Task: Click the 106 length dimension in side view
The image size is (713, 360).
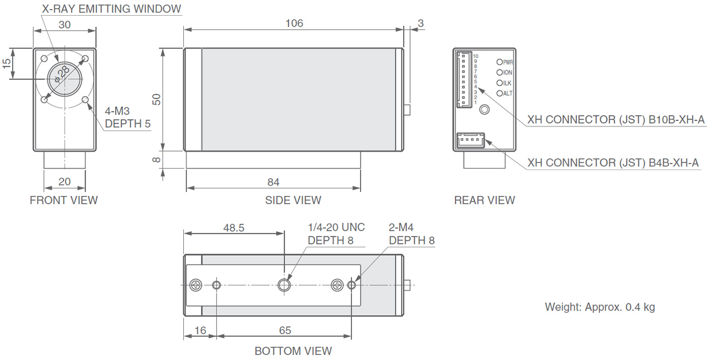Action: click(294, 23)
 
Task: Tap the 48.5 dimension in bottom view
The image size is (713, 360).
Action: click(234, 228)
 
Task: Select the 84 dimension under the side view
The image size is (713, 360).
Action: click(273, 182)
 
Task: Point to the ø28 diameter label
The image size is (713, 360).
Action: click(62, 74)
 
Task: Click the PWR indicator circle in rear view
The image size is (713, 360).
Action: click(500, 62)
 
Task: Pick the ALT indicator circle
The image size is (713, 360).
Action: click(500, 93)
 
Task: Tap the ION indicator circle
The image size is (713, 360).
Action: click(500, 73)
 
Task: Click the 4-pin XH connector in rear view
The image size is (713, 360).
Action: click(471, 141)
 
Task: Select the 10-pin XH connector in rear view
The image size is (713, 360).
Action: click(464, 79)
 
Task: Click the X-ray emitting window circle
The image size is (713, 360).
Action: click(65, 78)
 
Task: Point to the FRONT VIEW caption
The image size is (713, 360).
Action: click(64, 200)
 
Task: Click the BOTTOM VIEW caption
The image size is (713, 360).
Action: click(293, 351)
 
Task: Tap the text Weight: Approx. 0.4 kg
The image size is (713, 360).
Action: click(600, 307)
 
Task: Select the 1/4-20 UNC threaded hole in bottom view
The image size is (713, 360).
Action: click(284, 285)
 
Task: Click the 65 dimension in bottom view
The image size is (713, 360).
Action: click(285, 330)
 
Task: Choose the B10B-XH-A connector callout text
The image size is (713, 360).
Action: click(616, 120)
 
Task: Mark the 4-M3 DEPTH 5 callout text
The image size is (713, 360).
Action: click(128, 117)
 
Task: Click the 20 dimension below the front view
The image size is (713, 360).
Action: click(64, 181)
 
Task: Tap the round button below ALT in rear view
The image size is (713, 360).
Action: click(484, 109)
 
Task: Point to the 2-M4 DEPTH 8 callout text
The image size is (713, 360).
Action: click(412, 234)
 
